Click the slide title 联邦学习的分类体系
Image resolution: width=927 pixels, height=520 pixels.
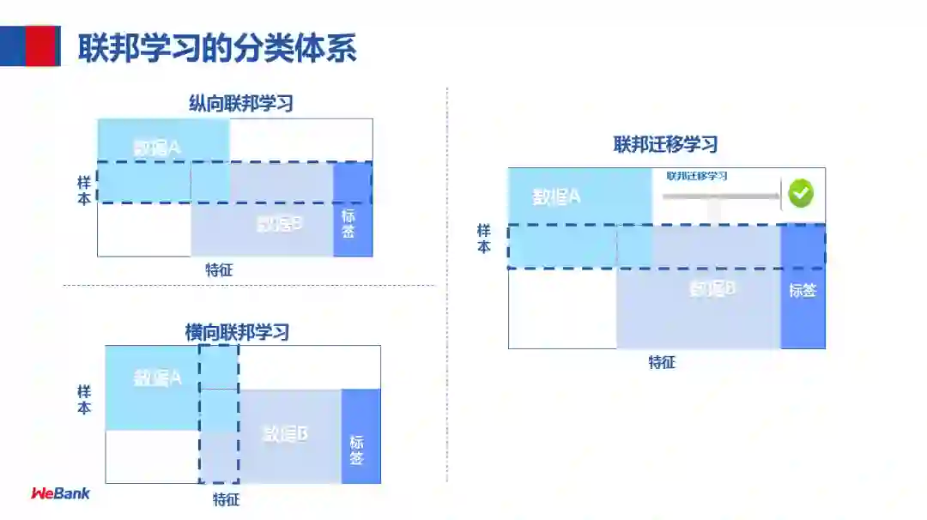(217, 48)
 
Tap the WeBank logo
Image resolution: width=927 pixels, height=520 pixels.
(60, 493)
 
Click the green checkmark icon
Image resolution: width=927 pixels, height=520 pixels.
(800, 193)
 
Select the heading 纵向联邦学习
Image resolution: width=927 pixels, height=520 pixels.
(241, 104)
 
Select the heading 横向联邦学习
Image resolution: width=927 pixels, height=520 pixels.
(237, 332)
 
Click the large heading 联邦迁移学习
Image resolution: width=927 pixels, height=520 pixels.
(665, 145)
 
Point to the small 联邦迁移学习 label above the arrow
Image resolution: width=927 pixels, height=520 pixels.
(697, 176)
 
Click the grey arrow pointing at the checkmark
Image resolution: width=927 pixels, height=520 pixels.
(721, 197)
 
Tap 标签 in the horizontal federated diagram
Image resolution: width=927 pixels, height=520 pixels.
(357, 450)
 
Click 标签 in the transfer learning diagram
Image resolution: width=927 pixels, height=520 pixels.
(803, 290)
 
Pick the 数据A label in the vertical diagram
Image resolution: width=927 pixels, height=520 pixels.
(157, 148)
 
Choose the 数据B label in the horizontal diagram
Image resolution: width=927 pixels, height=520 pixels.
(285, 433)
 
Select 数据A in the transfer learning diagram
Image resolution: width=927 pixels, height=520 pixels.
(556, 197)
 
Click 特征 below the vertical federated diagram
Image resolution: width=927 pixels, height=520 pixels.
(219, 270)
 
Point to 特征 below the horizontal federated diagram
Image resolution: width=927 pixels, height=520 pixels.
(226, 499)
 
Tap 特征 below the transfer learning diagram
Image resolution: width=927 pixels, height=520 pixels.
(662, 362)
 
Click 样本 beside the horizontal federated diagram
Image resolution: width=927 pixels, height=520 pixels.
(84, 400)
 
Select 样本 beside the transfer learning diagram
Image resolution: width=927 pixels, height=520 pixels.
(484, 239)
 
